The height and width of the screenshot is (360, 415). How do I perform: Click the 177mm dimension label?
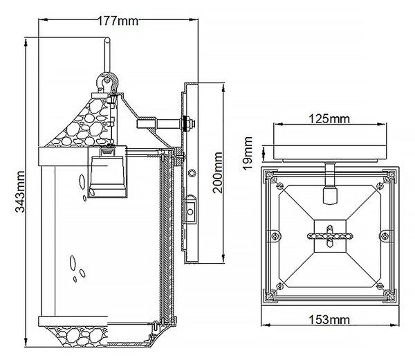click(118, 21)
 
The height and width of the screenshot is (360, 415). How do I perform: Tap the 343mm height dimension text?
click(20, 192)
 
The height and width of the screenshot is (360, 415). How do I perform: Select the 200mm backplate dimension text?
click(218, 172)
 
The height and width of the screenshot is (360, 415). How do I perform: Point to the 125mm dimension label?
click(329, 118)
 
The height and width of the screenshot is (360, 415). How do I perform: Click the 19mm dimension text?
click(248, 154)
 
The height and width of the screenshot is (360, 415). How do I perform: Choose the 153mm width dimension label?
click(329, 320)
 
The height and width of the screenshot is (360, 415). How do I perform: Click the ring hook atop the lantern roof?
click(107, 82)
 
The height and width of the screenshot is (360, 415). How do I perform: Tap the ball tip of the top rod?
click(107, 40)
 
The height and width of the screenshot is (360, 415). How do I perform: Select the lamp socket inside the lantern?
click(107, 172)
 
